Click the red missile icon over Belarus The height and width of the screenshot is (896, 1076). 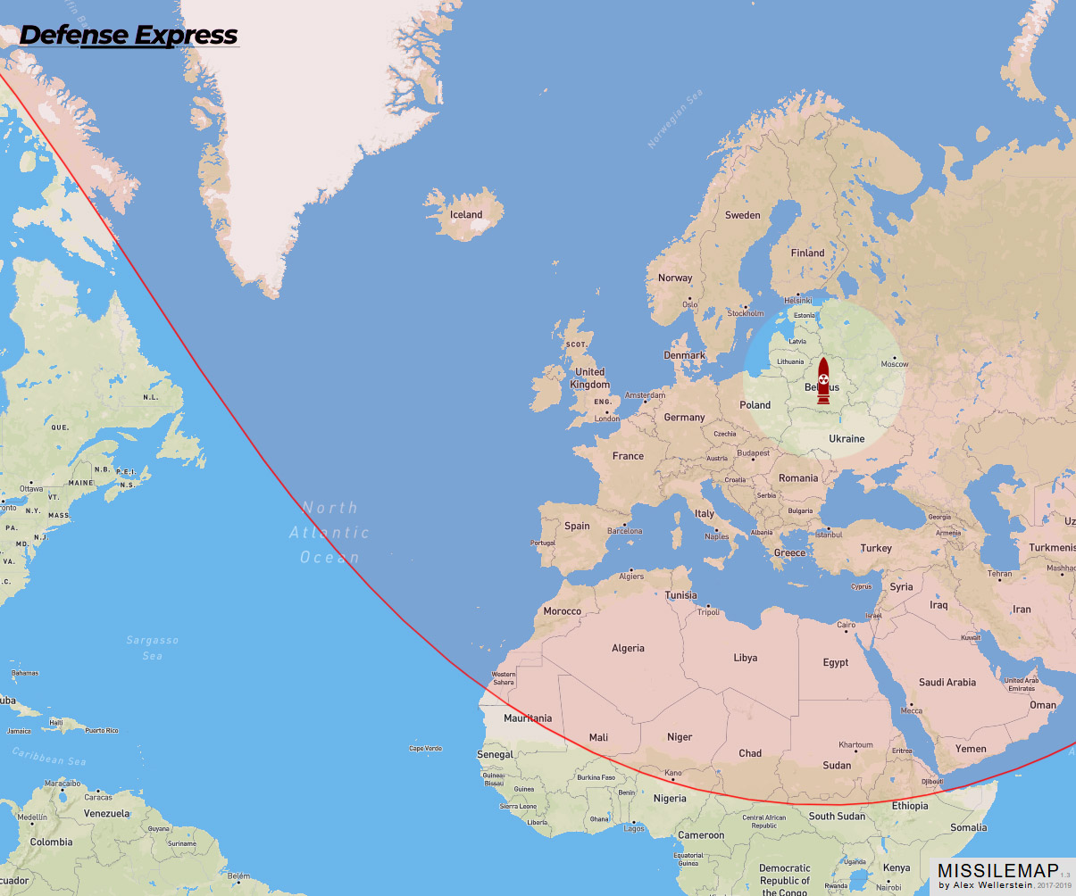(x=823, y=381)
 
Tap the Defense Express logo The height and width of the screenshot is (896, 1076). (x=129, y=36)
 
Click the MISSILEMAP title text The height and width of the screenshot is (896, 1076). (x=997, y=871)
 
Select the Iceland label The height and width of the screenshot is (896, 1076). (x=465, y=215)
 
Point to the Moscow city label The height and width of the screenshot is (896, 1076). (x=895, y=364)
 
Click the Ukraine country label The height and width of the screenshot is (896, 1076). (x=847, y=439)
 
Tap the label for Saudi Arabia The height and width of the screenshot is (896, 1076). (x=947, y=683)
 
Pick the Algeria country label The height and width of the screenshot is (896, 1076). (x=628, y=649)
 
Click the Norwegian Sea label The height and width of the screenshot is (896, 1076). (x=675, y=120)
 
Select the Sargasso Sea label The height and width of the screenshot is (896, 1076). (x=153, y=648)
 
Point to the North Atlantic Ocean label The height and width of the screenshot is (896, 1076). (x=329, y=533)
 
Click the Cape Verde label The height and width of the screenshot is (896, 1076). (x=426, y=749)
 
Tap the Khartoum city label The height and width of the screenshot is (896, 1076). (x=855, y=745)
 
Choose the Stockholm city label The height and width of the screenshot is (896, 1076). (x=746, y=314)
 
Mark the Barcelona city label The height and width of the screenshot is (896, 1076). (x=625, y=532)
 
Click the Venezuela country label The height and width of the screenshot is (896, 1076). (x=107, y=814)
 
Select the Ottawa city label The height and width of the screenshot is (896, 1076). (x=31, y=489)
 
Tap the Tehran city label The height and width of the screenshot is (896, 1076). (x=1000, y=575)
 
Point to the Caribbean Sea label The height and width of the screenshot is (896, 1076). (x=49, y=757)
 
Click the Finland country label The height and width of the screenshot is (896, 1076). (x=808, y=253)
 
